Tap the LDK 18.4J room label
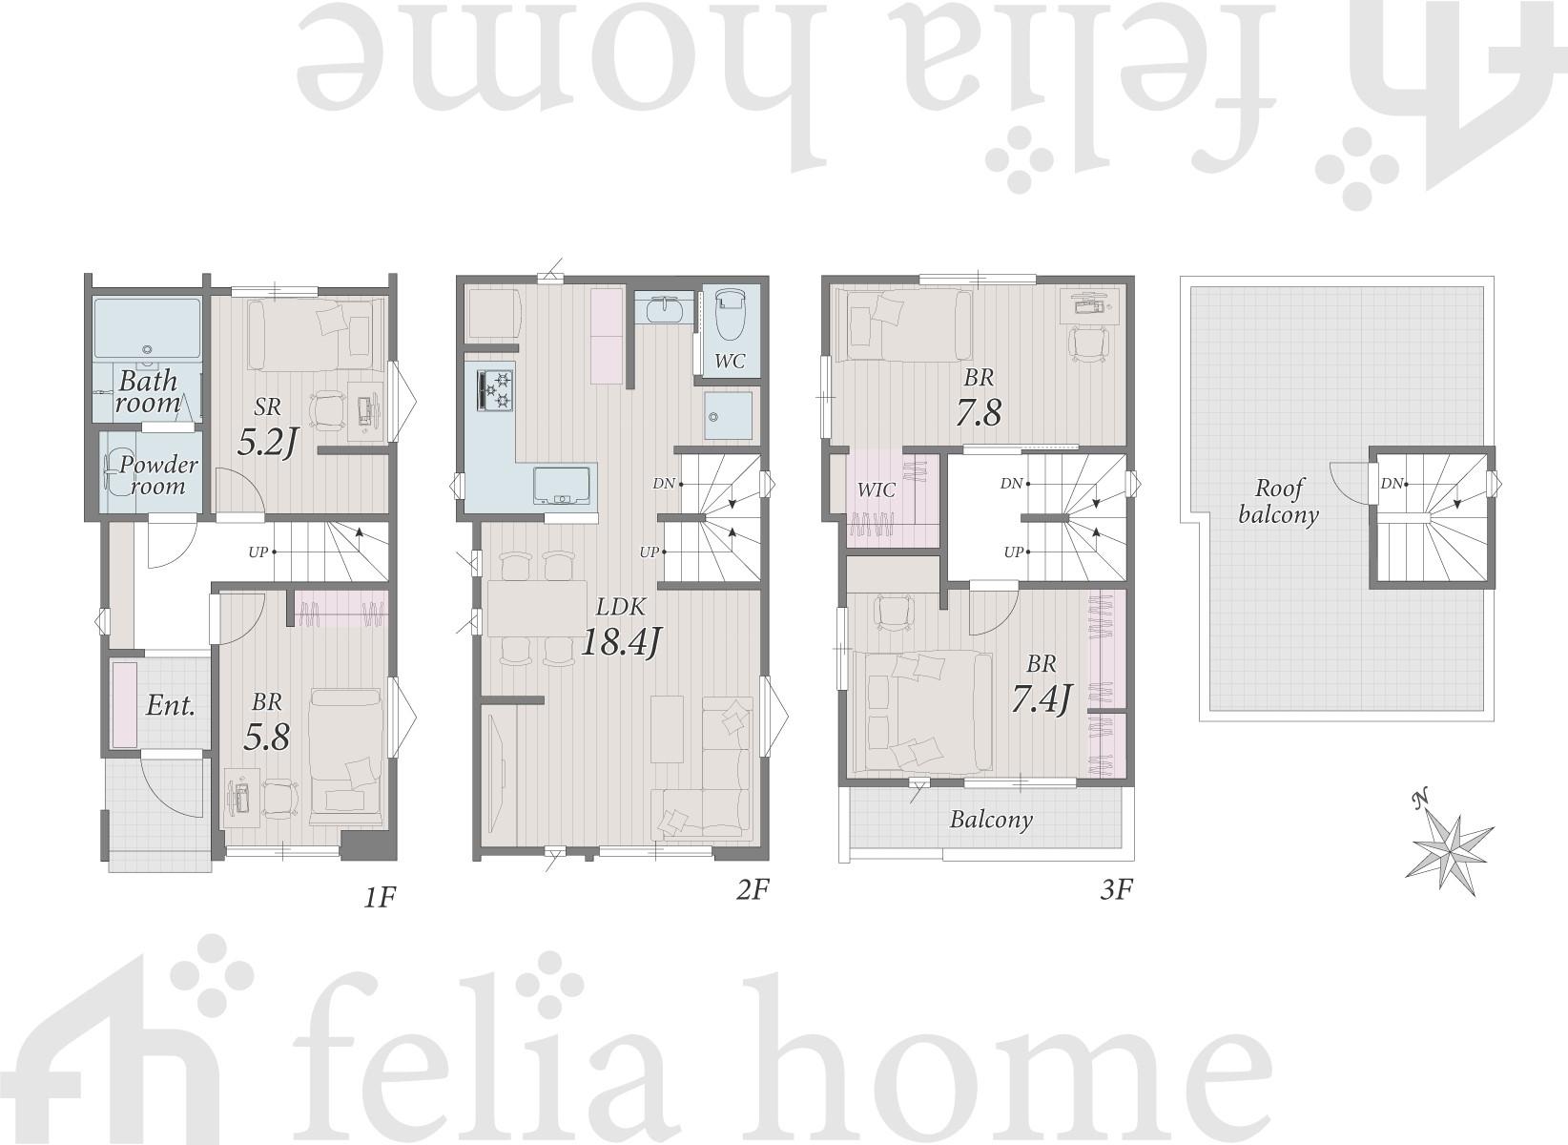click(621, 628)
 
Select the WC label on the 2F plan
click(729, 362)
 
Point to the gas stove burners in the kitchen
click(496, 390)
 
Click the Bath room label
click(149, 392)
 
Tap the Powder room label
click(158, 475)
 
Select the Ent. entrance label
click(170, 705)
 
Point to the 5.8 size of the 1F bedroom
click(266, 737)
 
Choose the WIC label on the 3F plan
click(877, 489)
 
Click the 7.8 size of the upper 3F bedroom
click(979, 412)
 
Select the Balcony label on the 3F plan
click(991, 820)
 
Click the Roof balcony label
click(1278, 501)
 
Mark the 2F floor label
click(753, 889)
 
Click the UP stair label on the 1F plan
click(258, 552)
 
